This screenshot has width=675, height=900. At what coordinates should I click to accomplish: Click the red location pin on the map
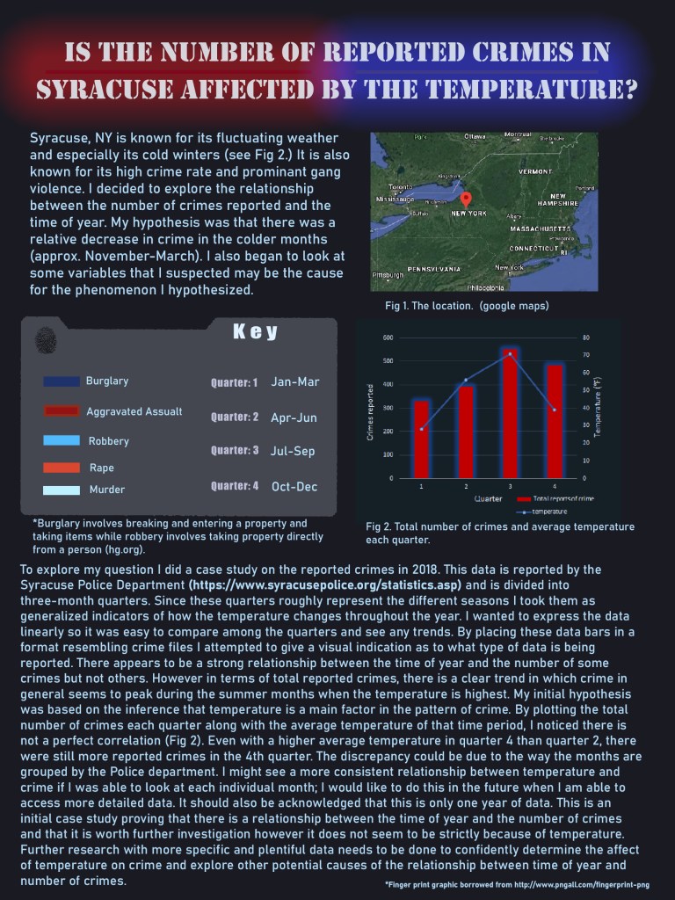click(x=466, y=200)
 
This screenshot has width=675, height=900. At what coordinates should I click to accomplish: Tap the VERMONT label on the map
click(x=535, y=172)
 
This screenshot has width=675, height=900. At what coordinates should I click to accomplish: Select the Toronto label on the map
click(x=401, y=187)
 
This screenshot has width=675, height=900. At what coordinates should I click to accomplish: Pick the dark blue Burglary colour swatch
click(x=62, y=381)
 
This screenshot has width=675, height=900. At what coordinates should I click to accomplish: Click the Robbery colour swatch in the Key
click(x=62, y=440)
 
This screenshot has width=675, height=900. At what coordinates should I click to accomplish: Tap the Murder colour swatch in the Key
click(x=62, y=490)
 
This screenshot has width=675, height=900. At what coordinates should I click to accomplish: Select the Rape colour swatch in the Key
click(x=62, y=468)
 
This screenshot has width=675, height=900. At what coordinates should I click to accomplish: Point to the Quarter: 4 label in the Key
click(x=235, y=486)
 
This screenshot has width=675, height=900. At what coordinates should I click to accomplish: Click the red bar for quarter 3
click(x=510, y=413)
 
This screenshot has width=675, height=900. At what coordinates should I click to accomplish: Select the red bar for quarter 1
click(x=422, y=439)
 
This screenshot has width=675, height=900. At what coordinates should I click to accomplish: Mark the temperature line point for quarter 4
click(x=555, y=410)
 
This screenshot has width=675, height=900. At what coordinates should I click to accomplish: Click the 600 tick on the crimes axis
click(x=388, y=337)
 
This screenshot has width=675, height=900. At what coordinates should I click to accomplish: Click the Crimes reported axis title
click(x=371, y=412)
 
